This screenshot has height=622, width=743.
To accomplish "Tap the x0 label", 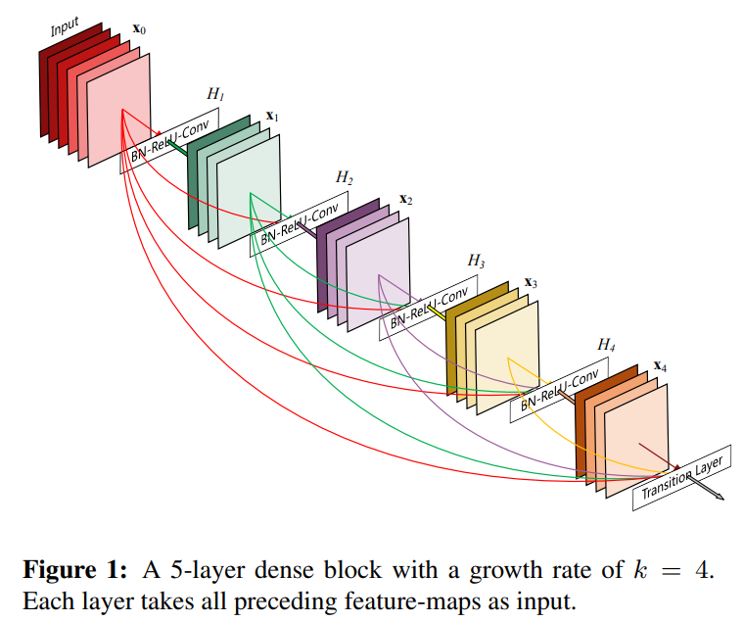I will [x=139, y=31].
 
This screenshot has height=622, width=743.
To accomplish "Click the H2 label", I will [x=345, y=177].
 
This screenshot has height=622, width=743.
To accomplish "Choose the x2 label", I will [x=405, y=199].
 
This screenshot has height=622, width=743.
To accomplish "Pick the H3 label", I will [x=476, y=261].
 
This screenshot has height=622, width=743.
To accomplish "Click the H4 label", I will [x=607, y=346].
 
